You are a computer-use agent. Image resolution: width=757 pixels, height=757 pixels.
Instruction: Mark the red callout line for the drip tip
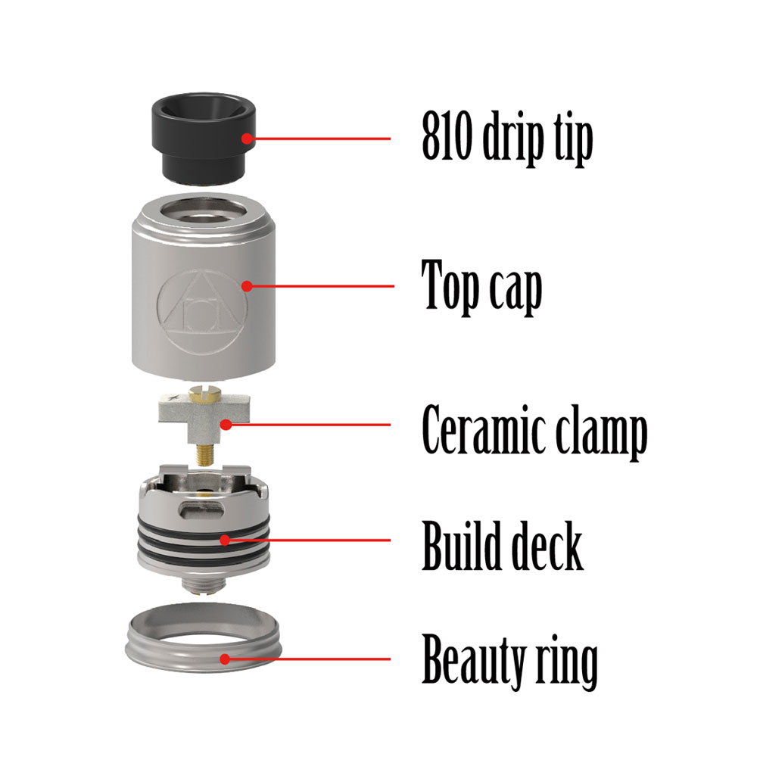[x=318, y=139]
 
